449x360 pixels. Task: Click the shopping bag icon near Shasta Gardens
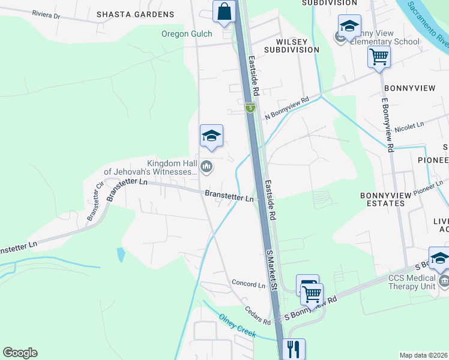coord(224,12)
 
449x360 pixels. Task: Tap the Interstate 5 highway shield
coord(250,107)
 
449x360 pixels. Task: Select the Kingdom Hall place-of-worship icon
coord(206,166)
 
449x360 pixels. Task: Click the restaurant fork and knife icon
coord(294,348)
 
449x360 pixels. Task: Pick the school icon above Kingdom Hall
coord(211,136)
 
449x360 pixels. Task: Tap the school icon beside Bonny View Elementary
coord(349,26)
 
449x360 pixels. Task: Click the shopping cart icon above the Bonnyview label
coord(379,58)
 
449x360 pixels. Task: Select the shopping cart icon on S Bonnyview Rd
coord(312,294)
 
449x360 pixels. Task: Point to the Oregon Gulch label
coord(187,34)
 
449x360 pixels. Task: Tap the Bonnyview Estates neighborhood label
coord(382,199)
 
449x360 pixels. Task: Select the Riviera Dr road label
coord(46,14)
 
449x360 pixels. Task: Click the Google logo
coord(20,353)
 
